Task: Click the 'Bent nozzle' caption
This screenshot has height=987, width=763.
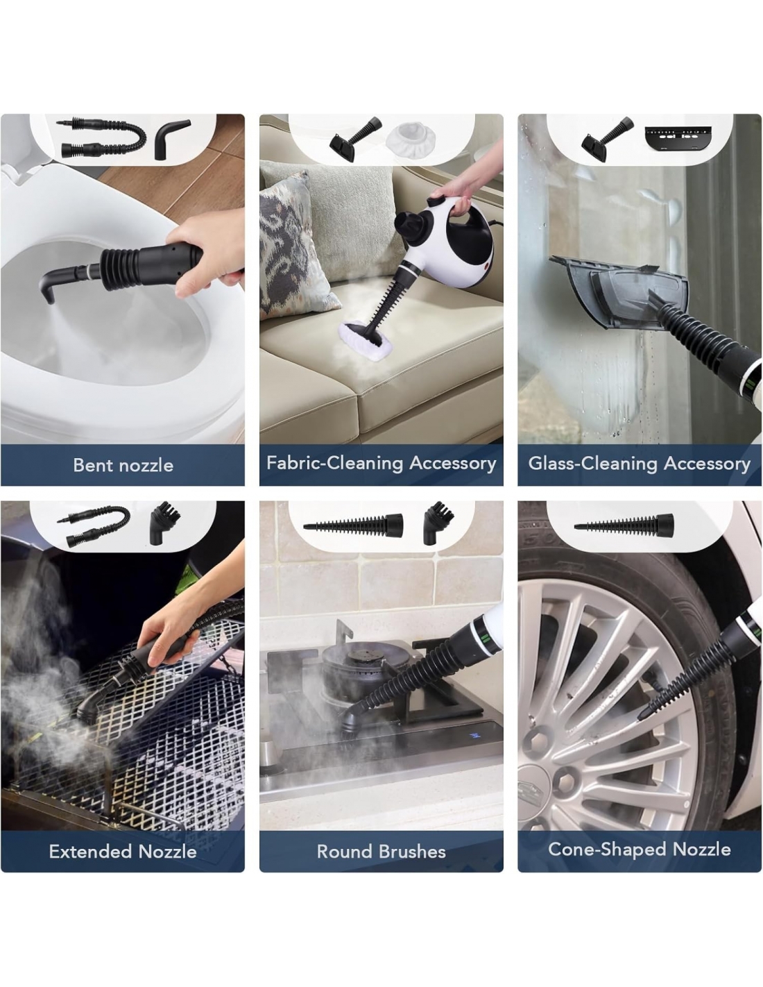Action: (123, 465)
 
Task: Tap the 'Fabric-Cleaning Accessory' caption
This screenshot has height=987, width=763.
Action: (381, 463)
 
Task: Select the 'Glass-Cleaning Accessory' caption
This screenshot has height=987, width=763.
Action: (639, 463)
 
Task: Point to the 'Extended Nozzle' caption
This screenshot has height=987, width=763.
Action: (123, 851)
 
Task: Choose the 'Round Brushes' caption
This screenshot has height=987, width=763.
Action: (381, 851)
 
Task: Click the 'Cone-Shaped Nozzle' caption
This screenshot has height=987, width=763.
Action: (640, 849)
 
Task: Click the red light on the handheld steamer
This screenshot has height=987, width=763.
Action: (489, 264)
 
